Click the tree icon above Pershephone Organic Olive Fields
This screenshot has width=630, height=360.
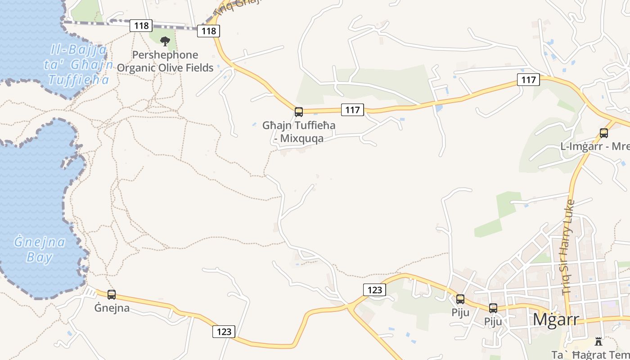pos(165,41)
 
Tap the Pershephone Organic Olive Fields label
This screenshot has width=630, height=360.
pos(165,62)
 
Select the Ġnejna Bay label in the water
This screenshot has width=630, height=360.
pos(40,250)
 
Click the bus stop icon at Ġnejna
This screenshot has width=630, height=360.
pos(112,295)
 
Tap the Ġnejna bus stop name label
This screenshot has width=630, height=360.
pos(112,308)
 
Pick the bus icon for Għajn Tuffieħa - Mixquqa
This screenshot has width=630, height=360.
pos(298,112)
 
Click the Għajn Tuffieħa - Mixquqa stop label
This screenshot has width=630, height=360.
pos(299,131)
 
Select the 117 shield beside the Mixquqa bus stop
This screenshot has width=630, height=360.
pos(352,109)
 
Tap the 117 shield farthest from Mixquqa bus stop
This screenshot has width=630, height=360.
pos(528,80)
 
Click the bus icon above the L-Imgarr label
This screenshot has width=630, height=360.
pos(604,133)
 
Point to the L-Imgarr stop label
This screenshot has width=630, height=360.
pos(594,147)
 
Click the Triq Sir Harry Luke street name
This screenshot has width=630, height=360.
pos(568,247)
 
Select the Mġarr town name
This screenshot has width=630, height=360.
pos(556,319)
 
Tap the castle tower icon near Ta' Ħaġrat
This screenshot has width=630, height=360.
pos(598,342)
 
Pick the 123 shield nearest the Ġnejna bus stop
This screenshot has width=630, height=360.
pos(224,332)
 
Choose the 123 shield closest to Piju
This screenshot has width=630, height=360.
pos(374,290)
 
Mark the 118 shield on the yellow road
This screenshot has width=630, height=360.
pos(209,31)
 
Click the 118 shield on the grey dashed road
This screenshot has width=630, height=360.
pos(141,26)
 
